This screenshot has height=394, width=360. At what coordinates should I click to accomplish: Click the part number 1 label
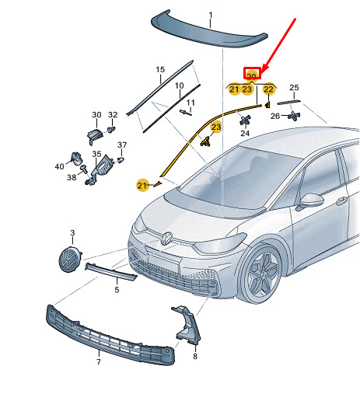(211, 16)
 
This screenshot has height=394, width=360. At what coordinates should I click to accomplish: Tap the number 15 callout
(160, 69)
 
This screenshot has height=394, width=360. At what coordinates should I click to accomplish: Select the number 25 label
(294, 88)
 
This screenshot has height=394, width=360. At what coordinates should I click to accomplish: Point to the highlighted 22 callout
(268, 89)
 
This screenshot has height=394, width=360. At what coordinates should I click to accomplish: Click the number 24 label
(245, 133)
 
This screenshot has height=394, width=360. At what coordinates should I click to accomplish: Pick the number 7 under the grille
(99, 361)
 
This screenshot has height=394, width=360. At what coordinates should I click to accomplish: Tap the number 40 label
(59, 166)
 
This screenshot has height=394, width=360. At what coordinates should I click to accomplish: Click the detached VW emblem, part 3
(70, 260)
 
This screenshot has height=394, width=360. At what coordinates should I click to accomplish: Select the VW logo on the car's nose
(166, 239)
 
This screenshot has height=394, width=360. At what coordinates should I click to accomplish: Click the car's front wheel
(262, 274)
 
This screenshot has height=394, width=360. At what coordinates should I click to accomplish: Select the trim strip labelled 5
(111, 271)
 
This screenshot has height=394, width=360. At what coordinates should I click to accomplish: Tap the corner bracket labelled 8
(187, 325)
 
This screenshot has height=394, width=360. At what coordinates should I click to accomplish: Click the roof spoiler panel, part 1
(209, 30)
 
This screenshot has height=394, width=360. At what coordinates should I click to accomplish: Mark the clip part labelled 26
(294, 116)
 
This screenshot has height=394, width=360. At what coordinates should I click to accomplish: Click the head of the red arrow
(263, 73)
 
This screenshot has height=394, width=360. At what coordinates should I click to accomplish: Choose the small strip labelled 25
(288, 102)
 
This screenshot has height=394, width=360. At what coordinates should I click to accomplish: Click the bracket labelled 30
(95, 135)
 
